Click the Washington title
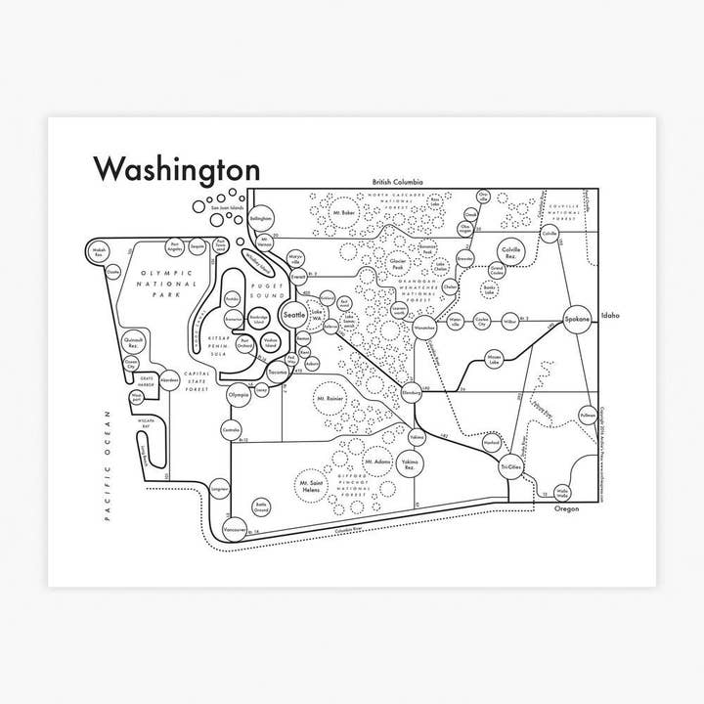pos(176,168)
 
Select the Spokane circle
pos(577,321)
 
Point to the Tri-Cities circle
pos(510,467)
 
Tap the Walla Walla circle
pos(562,491)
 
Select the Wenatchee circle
pos(423,327)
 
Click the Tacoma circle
pos(278,374)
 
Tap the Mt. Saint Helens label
pos(316,485)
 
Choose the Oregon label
pos(567,508)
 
